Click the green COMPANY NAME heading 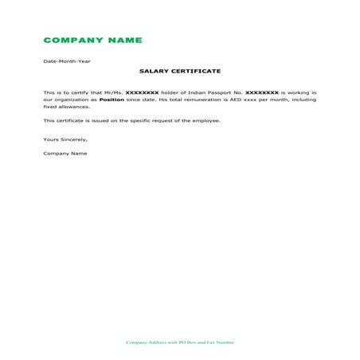(92, 40)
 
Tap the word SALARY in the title (155, 71)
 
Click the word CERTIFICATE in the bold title (196, 71)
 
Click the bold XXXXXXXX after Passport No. (262, 92)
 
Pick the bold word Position (112, 100)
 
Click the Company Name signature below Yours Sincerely (65, 153)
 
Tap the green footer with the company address (180, 342)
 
